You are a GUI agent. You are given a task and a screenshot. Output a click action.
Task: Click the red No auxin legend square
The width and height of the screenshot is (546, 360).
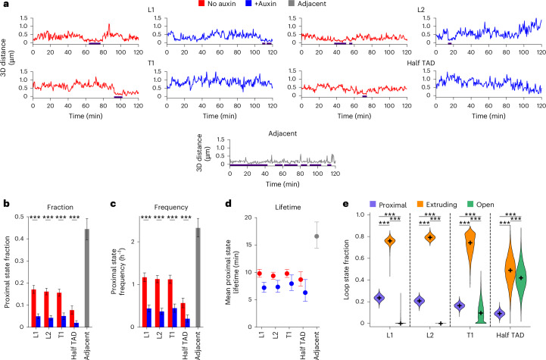tap(201, 4)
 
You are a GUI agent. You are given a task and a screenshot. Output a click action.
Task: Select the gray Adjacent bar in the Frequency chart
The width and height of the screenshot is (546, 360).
tap(198, 277)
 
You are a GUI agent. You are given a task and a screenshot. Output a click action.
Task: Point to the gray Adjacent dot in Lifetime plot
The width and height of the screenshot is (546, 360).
tap(317, 236)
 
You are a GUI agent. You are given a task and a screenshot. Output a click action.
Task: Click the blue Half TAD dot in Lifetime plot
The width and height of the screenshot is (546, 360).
tap(305, 293)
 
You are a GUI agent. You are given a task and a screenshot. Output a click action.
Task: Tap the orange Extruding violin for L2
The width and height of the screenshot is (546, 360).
tap(430, 238)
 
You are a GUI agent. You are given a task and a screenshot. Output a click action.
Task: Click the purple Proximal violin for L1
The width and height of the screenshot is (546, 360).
tap(379, 298)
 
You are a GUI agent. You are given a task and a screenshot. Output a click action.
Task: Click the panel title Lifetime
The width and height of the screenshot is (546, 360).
tap(288, 207)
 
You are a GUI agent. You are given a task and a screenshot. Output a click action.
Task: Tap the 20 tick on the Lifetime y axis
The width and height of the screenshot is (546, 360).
tap(248, 218)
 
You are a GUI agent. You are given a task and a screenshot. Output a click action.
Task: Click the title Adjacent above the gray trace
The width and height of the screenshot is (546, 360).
tap(282, 133)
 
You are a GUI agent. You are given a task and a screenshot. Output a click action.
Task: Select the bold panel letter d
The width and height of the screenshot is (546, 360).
tap(229, 204)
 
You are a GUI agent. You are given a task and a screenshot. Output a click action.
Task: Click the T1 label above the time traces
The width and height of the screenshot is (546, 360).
tap(151, 63)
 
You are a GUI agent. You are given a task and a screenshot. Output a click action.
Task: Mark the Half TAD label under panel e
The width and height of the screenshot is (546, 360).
tap(510, 335)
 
